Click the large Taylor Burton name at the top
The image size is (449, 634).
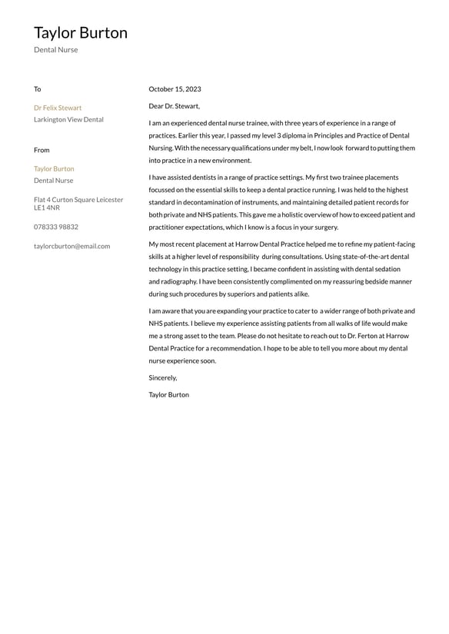coord(81,33)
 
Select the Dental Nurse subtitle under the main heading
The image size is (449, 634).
coord(55,50)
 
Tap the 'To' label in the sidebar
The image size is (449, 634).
coord(37,89)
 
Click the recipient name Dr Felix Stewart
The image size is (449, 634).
coord(58,108)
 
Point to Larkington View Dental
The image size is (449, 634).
coord(68,120)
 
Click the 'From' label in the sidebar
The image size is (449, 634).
coord(42,150)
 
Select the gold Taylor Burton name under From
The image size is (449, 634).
coord(54,168)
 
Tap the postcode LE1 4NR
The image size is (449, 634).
coord(47,208)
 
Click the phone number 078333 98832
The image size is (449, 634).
coord(56,227)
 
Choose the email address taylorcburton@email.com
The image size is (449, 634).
coord(72,246)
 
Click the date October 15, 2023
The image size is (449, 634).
coord(175,89)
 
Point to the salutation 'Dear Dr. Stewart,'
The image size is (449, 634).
coord(174,106)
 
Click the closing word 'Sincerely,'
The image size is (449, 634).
coord(163,377)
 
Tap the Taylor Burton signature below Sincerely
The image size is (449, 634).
coord(168,394)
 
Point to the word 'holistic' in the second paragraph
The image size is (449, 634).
coord(278,215)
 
